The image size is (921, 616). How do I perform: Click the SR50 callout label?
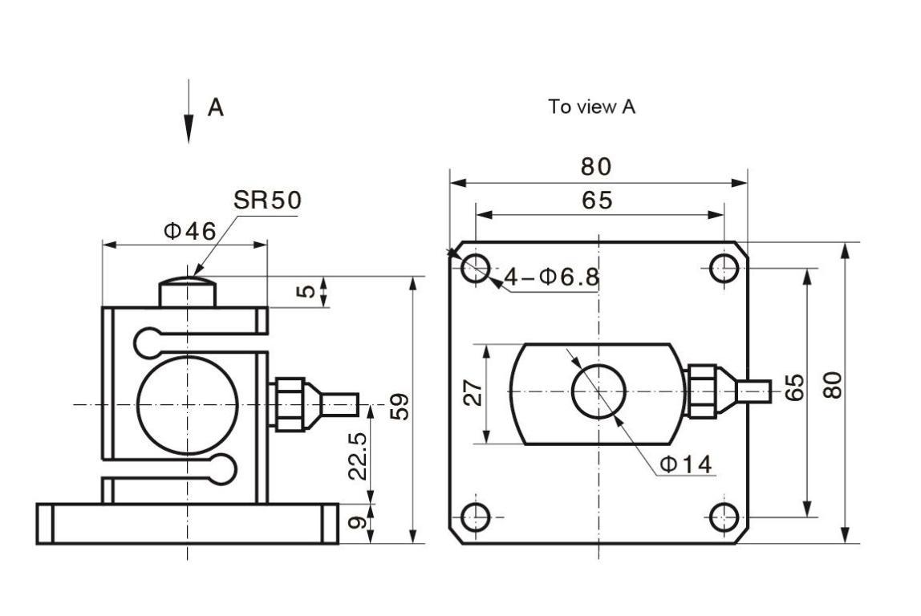[267, 200]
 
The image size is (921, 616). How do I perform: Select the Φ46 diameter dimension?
[189, 231]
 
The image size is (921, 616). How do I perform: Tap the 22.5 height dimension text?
[358, 456]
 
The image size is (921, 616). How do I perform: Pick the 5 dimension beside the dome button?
[306, 290]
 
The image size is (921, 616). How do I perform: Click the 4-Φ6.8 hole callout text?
[551, 277]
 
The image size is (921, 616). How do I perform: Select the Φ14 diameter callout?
[685, 464]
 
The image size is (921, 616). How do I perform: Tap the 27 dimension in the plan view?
[473, 393]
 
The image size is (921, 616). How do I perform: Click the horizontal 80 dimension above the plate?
[596, 167]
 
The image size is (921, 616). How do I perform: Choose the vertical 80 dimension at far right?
[833, 385]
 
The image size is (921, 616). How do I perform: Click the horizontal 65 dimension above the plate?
[598, 201]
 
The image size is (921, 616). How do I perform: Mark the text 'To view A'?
[591, 107]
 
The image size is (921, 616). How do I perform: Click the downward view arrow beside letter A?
[189, 111]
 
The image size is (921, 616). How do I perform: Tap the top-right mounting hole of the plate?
[724, 269]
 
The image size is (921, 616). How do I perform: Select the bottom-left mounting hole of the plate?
[475, 517]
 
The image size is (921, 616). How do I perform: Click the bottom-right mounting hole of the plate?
[724, 517]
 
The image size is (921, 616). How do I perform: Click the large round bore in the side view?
[188, 405]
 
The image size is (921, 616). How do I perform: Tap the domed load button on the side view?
[188, 291]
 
